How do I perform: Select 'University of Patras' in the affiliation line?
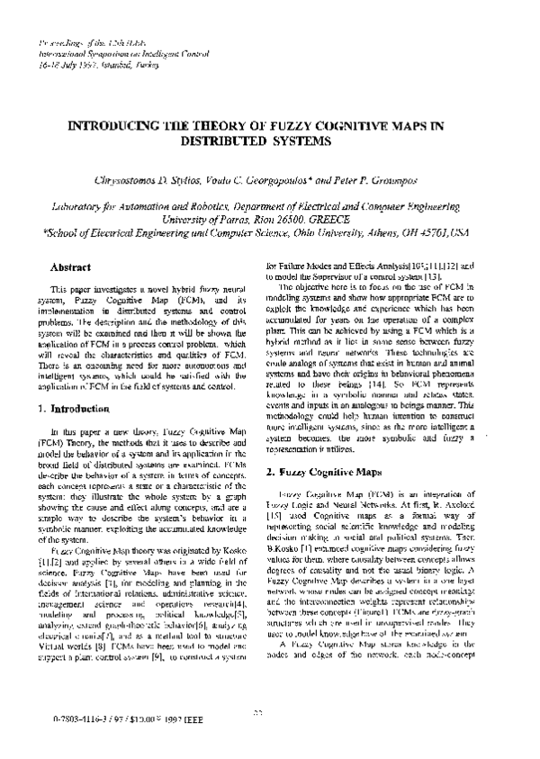point(206,217)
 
